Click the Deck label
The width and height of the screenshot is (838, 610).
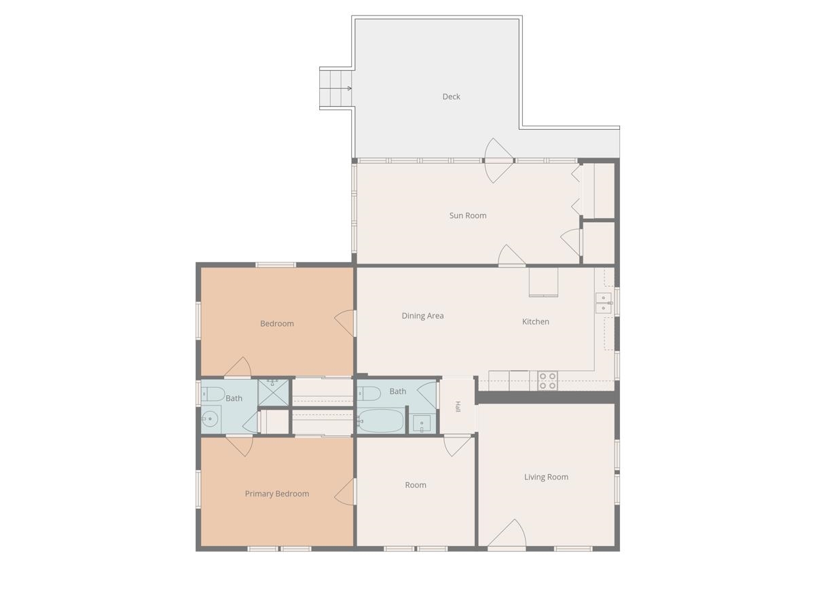(451, 96)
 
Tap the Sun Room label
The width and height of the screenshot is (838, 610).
(468, 215)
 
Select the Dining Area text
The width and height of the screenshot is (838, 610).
(423, 316)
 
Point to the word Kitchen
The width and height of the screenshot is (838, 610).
(536, 321)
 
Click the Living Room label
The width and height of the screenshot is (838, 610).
(546, 477)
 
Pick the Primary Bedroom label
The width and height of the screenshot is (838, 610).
(277, 494)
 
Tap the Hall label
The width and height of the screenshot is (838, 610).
(458, 406)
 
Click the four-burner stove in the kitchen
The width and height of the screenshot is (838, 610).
(548, 380)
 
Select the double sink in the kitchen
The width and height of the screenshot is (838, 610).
(604, 303)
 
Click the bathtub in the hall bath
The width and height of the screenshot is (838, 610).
(380, 420)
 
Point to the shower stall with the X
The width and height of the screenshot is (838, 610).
(274, 393)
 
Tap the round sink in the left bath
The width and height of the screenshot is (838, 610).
(210, 418)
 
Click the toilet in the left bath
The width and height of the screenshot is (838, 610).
(213, 394)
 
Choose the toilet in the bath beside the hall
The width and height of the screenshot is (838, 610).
(369, 393)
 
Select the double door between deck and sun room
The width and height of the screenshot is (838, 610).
(499, 160)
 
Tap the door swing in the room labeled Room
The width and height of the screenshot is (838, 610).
(457, 446)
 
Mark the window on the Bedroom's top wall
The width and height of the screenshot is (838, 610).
(276, 265)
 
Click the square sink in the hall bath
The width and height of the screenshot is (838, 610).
(422, 424)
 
